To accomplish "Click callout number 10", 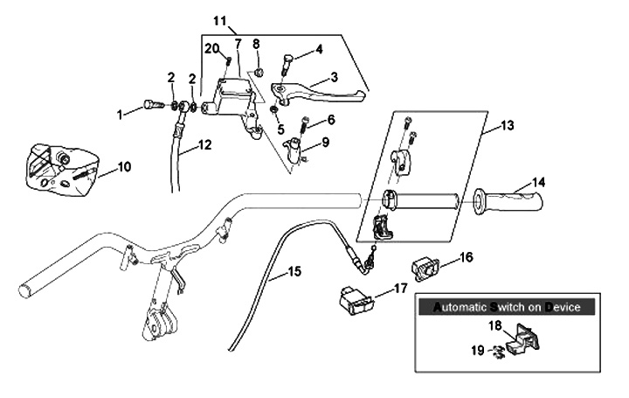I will pyautogui.click(x=124, y=165).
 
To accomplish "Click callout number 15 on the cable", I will pyautogui.click(x=294, y=272).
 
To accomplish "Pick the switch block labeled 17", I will pyautogui.click(x=357, y=300).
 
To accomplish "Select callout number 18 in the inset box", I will pyautogui.click(x=494, y=326).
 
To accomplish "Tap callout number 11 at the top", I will pyautogui.click(x=219, y=19).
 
